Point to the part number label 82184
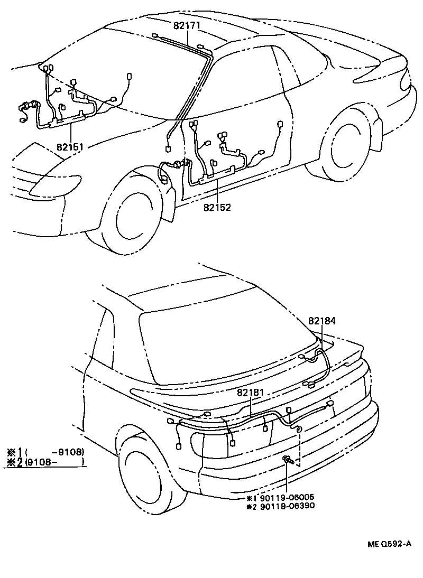[x=323, y=321]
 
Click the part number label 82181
[x=251, y=392]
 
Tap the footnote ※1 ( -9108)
[x=45, y=452]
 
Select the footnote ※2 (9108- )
[x=45, y=462]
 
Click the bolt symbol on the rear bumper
[x=287, y=460]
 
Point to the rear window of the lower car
[x=222, y=338]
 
